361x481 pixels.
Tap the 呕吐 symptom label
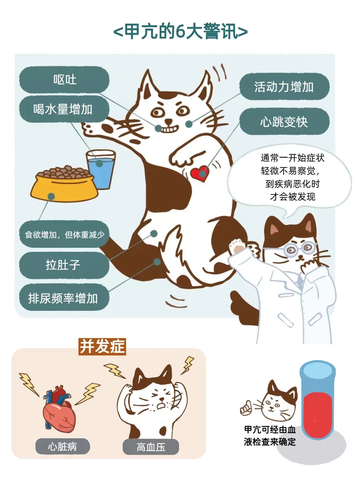click(64, 79)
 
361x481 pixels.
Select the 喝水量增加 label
click(64, 109)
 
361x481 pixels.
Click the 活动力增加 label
click(284, 87)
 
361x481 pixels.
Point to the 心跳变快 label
click(284, 121)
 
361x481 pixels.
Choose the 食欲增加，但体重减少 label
click(64, 234)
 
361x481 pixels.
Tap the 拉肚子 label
click(64, 265)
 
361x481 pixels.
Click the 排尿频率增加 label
click(64, 298)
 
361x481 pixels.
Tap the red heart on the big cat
click(200, 174)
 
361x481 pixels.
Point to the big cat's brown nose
click(168, 121)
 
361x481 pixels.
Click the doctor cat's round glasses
click(300, 248)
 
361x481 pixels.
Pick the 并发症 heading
click(102, 346)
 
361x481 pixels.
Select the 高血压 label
click(151, 447)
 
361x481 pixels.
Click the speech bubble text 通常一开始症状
click(292, 158)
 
